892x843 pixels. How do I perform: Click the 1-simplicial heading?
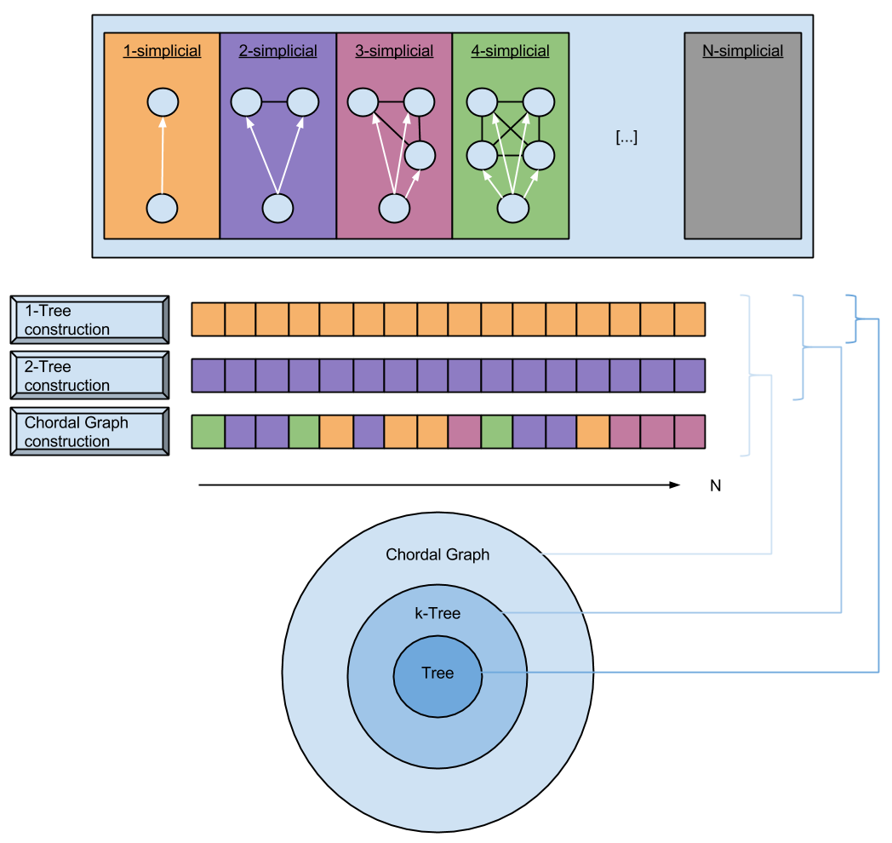(162, 51)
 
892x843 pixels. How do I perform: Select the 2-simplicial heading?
(277, 51)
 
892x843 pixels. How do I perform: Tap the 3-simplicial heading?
(394, 51)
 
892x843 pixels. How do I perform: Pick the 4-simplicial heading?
(510, 51)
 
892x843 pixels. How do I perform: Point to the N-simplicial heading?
(742, 51)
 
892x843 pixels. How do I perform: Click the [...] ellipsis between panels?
(626, 137)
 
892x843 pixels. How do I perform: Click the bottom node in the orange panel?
(162, 208)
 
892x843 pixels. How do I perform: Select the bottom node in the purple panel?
(277, 208)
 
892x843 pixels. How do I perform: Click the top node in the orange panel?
(162, 104)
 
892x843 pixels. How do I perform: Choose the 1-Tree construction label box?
(89, 320)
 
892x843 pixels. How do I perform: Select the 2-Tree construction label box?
(89, 376)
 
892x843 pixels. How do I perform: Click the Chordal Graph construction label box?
(89, 432)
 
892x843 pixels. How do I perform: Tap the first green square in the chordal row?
(209, 432)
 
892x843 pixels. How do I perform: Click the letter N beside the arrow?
(715, 486)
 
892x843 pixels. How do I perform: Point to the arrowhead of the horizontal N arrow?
(675, 485)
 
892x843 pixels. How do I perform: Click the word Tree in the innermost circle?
(437, 674)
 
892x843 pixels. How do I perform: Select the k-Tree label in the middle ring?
(437, 612)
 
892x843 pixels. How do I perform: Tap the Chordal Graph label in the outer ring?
(437, 555)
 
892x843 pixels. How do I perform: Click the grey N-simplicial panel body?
(742, 145)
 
